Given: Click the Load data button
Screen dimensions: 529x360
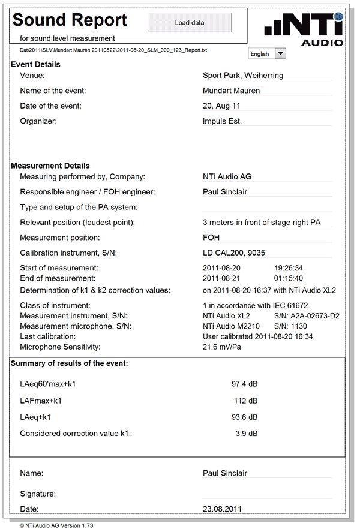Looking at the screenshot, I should pos(189,23).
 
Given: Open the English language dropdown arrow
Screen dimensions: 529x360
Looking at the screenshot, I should pos(280,53).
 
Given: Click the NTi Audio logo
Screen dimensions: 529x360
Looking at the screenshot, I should pos(304,30).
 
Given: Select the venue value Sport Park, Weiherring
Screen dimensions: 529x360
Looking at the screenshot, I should pos(243,76).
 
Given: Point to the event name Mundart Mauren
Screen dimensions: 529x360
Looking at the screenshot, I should pos(232,91).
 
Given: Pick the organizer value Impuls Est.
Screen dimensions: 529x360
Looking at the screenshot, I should pos(223,121).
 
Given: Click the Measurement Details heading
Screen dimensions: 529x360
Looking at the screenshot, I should pos(50,166).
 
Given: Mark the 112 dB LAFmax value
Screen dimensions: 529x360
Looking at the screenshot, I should pos(245,400).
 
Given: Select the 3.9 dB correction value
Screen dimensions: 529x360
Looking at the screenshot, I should pos(247,433).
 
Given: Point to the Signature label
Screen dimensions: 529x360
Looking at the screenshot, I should pos(38,494).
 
